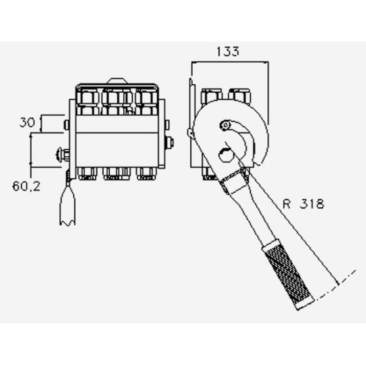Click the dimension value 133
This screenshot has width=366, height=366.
tap(228, 52)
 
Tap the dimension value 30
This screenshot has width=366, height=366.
tap(27, 123)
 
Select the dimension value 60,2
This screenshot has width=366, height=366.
tap(26, 186)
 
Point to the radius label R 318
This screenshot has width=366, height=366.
tap(303, 204)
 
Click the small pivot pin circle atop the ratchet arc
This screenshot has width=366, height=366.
tap(226, 126)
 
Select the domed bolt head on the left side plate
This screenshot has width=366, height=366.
tap(63, 154)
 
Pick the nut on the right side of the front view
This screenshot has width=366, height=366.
tap(169, 142)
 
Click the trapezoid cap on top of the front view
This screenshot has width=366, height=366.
tap(117, 81)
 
